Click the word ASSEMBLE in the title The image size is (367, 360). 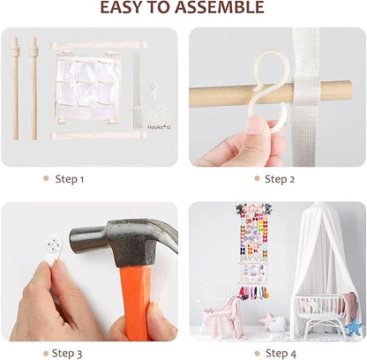219,7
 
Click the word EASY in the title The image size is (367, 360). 120,7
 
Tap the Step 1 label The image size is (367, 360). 70,179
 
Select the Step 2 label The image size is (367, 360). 280,179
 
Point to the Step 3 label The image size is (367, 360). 67,353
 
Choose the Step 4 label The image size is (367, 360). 281,353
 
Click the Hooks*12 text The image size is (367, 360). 159,127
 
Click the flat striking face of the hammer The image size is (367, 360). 73,239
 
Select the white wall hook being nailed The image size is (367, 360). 53,249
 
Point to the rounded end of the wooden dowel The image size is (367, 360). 348,90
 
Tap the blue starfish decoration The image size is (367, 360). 353,326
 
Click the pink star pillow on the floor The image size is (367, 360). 267,321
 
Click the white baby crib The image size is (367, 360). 320,315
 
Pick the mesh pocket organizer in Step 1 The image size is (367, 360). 87,87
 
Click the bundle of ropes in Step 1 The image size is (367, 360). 137,91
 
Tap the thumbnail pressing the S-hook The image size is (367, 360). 255,125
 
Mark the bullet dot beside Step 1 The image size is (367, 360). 46,178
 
